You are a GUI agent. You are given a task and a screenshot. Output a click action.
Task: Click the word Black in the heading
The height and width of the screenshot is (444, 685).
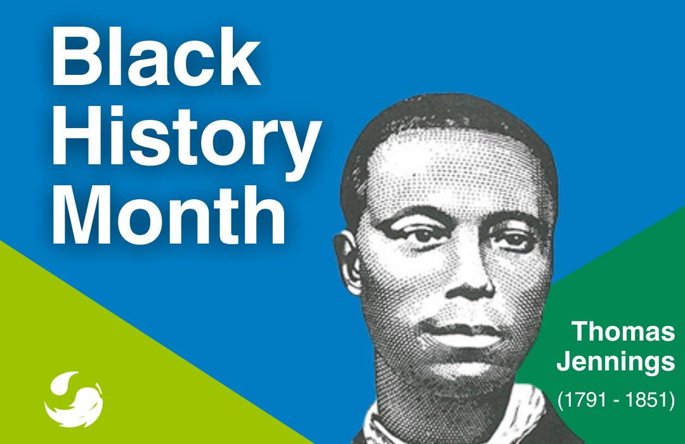[157, 57]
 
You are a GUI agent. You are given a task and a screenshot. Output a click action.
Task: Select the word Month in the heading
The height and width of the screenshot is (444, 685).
[169, 214]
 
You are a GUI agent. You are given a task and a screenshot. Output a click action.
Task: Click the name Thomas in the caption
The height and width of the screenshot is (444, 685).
[623, 331]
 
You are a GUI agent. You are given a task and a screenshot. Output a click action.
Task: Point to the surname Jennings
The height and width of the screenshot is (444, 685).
[616, 362]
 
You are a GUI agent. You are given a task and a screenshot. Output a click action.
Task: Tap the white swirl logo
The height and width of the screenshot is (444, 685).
[74, 399]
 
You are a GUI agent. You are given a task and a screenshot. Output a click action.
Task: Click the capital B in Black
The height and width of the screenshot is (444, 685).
[75, 57]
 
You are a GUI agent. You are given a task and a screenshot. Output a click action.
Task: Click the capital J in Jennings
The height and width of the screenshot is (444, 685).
[564, 361]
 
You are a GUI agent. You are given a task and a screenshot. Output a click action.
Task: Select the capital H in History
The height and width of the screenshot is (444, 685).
[75, 136]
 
